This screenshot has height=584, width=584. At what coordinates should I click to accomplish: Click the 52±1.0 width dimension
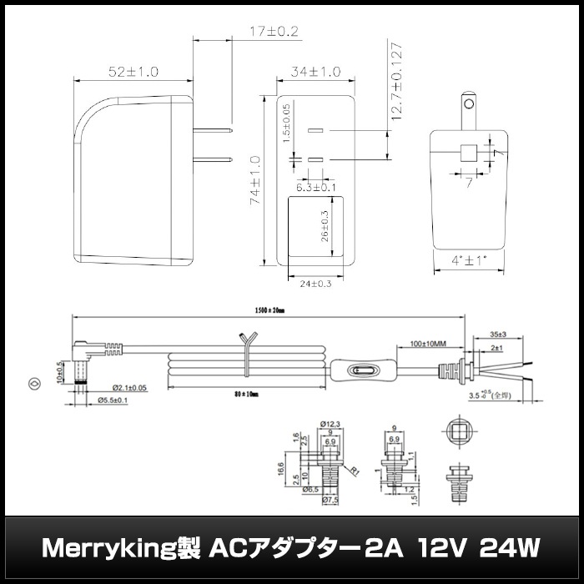133,73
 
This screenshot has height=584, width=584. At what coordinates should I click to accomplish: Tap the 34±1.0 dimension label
315,73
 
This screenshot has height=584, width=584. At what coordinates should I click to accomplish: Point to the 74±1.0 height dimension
256,180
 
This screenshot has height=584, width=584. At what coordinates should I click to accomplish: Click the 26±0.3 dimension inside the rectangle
325,226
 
